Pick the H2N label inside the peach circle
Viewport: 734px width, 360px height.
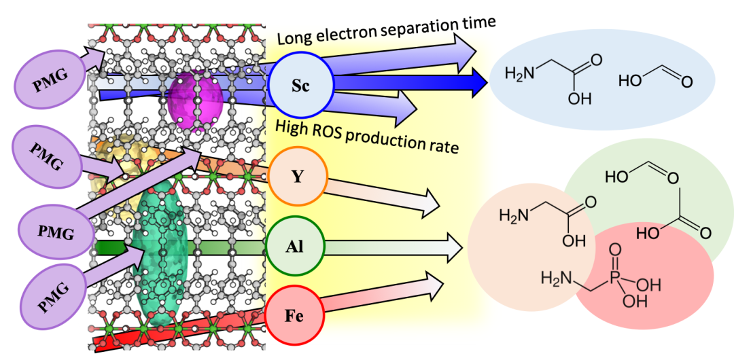(512, 216)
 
